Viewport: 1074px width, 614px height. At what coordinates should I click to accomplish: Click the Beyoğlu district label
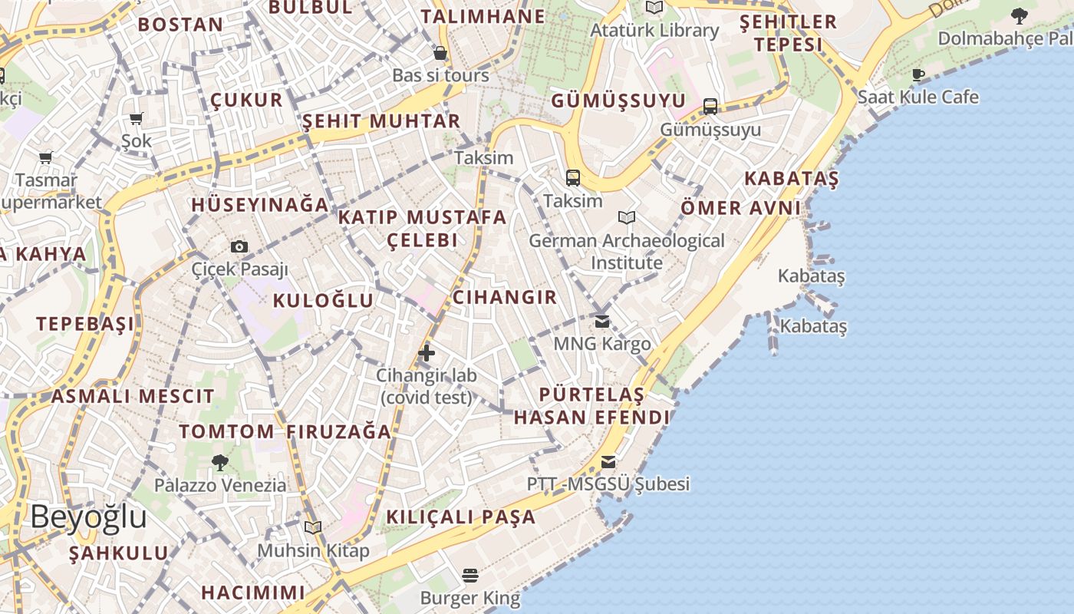point(88,517)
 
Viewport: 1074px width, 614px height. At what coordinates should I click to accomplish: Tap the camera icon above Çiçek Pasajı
point(239,246)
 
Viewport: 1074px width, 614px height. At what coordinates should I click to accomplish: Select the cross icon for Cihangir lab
point(427,353)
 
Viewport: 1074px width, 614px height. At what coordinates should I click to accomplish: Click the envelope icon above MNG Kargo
point(602,321)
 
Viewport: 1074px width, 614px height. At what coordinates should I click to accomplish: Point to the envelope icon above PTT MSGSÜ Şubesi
point(608,461)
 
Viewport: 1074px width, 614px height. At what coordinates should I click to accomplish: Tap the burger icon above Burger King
point(470,575)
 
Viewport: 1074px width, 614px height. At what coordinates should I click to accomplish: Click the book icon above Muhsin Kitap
point(312,527)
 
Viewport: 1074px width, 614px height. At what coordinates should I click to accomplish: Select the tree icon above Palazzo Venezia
point(220,462)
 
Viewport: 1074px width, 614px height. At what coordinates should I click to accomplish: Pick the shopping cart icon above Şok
point(137,118)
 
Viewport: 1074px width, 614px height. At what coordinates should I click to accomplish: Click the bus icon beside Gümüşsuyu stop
point(710,107)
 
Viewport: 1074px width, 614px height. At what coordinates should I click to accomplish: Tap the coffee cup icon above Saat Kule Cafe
point(918,74)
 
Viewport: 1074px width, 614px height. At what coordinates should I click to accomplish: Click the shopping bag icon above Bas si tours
point(440,53)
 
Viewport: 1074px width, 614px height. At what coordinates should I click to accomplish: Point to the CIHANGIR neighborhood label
point(505,297)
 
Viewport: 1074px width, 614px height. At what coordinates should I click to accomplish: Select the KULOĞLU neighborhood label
point(323,300)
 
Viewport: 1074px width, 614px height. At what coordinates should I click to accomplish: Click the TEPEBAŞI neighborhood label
point(85,323)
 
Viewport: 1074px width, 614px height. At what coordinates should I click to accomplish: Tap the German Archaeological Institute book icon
point(627,218)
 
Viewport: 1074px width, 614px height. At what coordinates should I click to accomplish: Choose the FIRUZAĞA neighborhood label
point(340,431)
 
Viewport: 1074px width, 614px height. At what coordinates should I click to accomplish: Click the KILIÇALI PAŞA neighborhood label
point(460,517)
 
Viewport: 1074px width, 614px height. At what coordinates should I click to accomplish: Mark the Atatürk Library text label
point(654,31)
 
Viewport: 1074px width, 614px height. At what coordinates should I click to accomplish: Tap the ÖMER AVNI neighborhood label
point(740,207)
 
